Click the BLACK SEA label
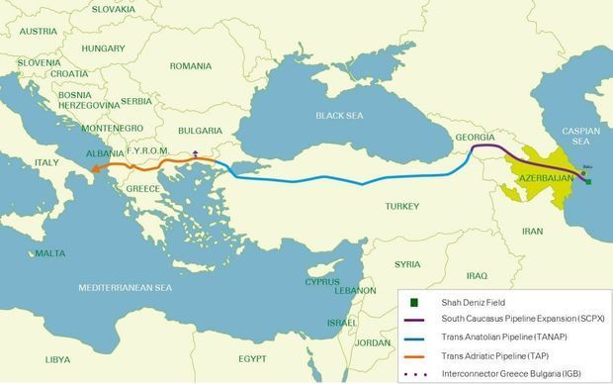[339, 116]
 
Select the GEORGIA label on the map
[476, 137]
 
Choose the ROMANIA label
[191, 66]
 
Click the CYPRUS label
[321, 281]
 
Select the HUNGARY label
[103, 48]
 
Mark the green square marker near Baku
[588, 181]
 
